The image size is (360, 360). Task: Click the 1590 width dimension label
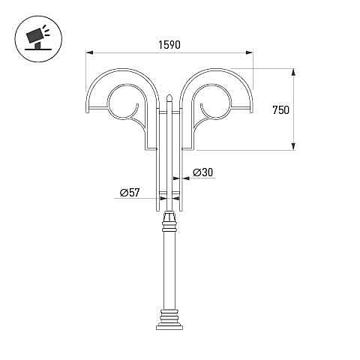point(169,45)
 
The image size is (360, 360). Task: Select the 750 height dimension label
point(280,110)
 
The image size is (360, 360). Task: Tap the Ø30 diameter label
point(203,172)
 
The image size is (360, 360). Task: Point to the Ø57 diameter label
point(129,193)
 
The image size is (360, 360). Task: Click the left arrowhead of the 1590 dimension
point(89,52)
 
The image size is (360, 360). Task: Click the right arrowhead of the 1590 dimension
point(249,52)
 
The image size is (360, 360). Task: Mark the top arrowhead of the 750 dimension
point(294,72)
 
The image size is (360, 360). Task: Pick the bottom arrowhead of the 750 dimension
point(294,146)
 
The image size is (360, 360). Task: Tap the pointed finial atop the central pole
point(169,97)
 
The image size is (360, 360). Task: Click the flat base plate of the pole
point(169,328)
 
